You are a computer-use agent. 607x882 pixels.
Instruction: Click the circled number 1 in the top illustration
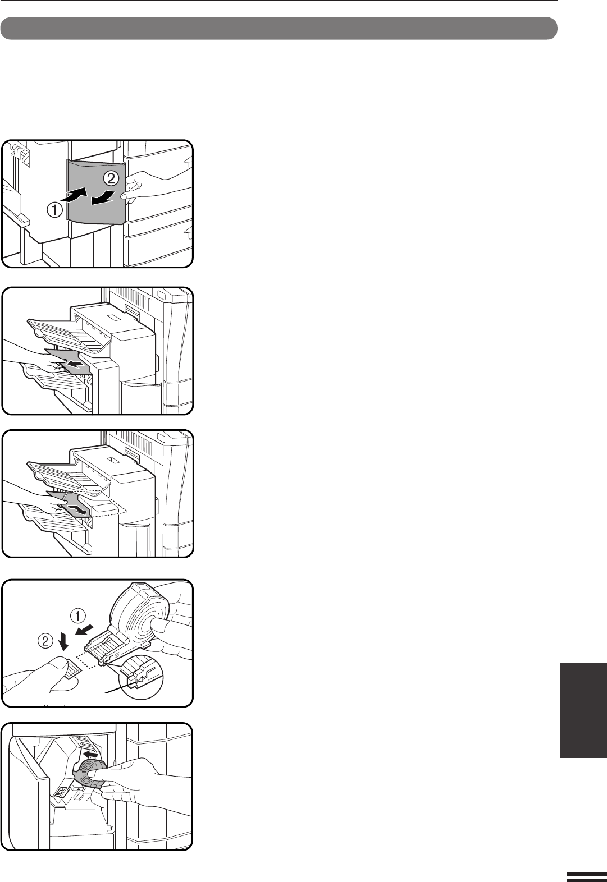pyautogui.click(x=55, y=209)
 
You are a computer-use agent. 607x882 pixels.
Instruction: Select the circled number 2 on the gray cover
pyautogui.click(x=111, y=179)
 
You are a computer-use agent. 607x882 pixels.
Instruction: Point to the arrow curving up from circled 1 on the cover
pyautogui.click(x=74, y=195)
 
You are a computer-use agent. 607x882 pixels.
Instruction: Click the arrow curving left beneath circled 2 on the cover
pyautogui.click(x=103, y=198)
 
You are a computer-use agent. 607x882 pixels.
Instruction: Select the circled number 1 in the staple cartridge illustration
pyautogui.click(x=78, y=614)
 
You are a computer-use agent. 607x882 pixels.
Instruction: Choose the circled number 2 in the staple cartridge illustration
pyautogui.click(x=45, y=641)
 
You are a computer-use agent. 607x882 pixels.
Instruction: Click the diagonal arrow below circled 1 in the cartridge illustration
pyautogui.click(x=85, y=630)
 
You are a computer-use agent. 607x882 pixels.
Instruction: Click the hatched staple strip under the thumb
pyautogui.click(x=71, y=669)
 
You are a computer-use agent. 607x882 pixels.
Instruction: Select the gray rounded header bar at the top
pyautogui.click(x=279, y=28)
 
